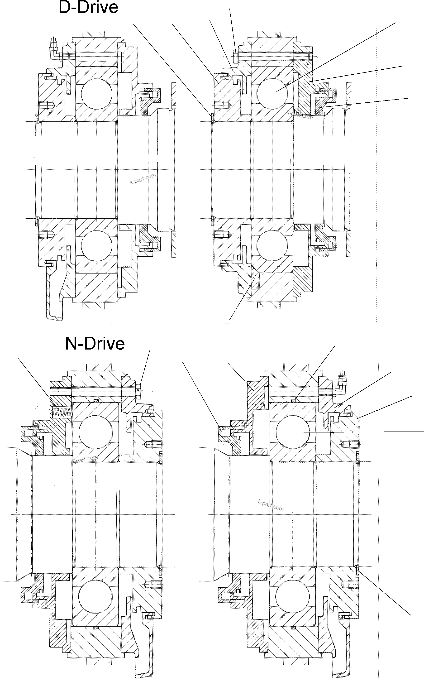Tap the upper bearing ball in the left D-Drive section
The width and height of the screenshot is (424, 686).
click(96, 93)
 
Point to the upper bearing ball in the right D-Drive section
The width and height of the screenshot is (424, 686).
click(272, 93)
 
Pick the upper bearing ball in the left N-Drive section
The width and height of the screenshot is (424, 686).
click(96, 432)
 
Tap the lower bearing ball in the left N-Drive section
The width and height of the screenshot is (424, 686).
click(96, 597)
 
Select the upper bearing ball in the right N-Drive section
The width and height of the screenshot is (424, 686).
click(293, 432)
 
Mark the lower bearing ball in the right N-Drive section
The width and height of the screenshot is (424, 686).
click(293, 597)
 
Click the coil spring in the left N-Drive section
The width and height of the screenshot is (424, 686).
click(62, 412)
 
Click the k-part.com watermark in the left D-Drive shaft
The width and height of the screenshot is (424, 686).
click(143, 179)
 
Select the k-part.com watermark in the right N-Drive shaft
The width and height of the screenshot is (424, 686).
click(270, 505)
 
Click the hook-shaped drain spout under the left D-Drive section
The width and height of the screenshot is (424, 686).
click(55, 306)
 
